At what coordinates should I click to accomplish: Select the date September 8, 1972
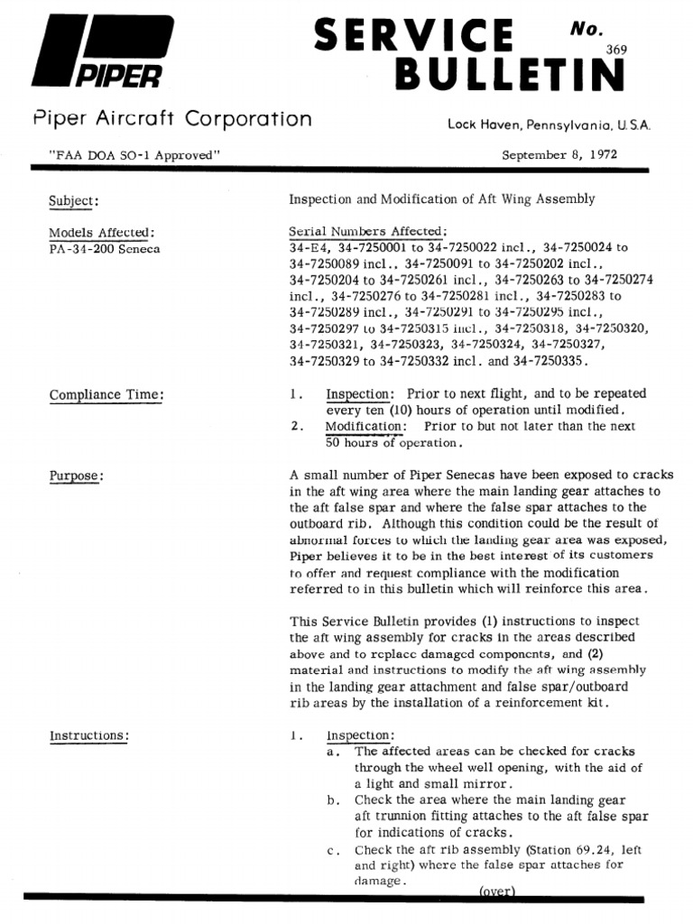click(x=560, y=154)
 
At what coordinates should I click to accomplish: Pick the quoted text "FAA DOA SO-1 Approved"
click(x=135, y=154)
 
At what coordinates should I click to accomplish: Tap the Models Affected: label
click(x=102, y=232)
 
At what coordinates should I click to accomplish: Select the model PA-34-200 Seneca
click(x=105, y=248)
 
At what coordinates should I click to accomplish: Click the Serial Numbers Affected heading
click(x=367, y=231)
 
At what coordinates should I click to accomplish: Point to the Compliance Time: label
click(x=106, y=394)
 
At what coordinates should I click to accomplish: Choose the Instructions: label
click(x=88, y=735)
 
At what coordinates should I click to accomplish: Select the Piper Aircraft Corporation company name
click(x=172, y=119)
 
